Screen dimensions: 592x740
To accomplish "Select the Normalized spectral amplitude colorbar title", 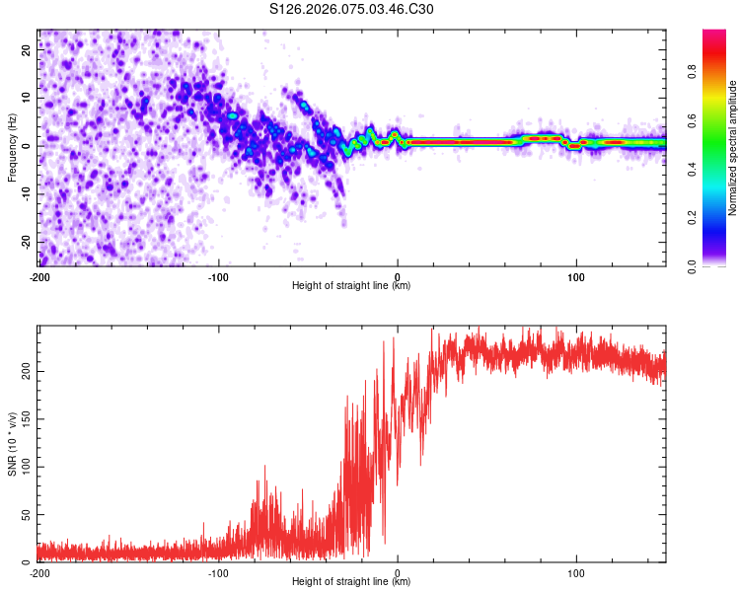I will point(733,148).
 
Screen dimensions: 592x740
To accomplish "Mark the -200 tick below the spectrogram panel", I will point(38,276).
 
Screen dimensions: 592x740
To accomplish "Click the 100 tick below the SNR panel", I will point(576,572).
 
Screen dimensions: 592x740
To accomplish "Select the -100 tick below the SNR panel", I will point(218,572).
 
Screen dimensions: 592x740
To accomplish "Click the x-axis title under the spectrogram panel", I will point(351,287).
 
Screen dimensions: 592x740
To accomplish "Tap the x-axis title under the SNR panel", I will point(351,583).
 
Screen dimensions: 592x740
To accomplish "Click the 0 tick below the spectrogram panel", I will point(398,276).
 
